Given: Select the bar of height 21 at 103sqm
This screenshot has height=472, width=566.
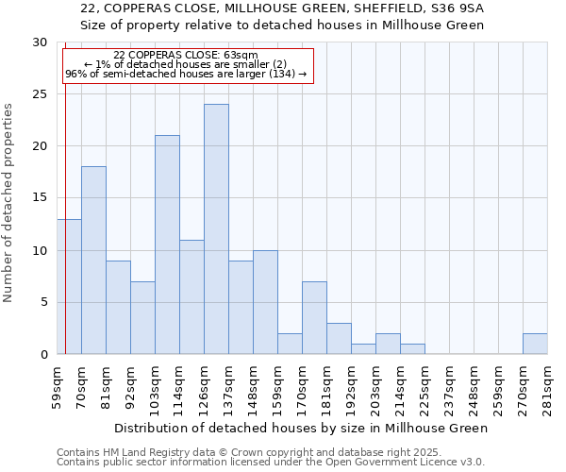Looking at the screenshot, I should [x=167, y=244].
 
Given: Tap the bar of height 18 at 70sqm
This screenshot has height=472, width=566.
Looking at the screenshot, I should [x=93, y=261].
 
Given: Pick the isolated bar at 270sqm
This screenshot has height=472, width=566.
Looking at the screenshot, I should [x=535, y=345].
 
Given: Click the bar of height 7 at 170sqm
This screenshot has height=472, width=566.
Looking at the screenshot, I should [x=314, y=318].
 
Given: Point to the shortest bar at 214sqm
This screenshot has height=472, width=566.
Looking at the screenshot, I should [x=412, y=349].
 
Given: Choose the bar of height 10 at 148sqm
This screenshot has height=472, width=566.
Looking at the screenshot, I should [x=265, y=302].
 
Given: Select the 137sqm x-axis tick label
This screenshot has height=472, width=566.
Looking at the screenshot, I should [x=228, y=387].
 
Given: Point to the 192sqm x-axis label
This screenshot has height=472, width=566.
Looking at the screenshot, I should [x=351, y=387].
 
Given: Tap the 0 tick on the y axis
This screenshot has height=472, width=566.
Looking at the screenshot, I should [x=43, y=354].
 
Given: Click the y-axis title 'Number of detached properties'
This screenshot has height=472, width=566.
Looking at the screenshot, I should [x=8, y=203].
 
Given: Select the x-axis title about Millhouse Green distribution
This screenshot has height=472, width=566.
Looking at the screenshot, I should [x=302, y=428].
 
